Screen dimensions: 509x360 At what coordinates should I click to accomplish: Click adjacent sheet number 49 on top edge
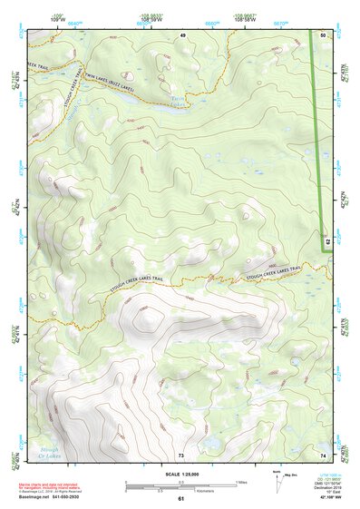[x=181, y=34]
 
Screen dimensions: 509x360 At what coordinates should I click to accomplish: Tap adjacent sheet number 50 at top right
[x=324, y=34]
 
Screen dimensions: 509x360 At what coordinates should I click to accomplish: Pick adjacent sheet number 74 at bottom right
[x=324, y=454]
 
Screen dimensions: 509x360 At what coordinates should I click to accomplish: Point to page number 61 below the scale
[x=181, y=499]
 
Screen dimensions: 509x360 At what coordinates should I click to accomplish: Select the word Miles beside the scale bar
[x=241, y=483]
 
